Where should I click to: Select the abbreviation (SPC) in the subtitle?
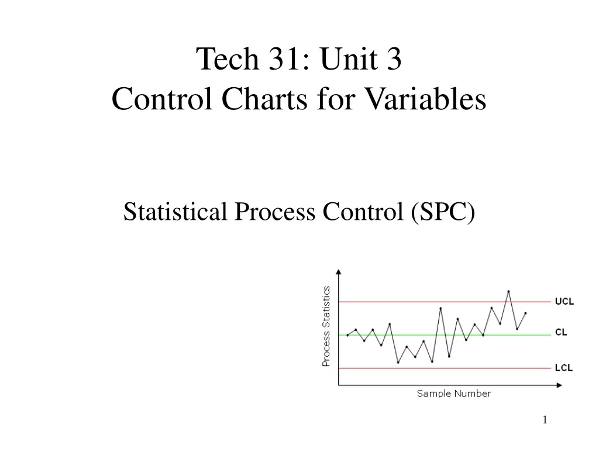coord(443,212)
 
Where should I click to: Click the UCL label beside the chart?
coord(564,302)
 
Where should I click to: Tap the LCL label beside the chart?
coord(564,368)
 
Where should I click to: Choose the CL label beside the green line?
coord(560,332)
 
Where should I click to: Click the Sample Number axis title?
coord(454,393)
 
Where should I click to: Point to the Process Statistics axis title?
coord(326,326)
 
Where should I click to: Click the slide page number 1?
coord(545,420)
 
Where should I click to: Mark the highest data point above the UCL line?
coord(508,291)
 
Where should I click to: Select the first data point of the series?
coord(347,335)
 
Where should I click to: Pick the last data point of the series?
coord(526,313)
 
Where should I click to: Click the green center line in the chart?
coord(409,335)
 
